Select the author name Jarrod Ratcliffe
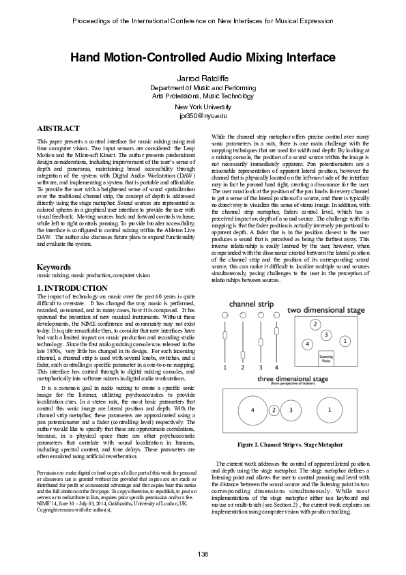click(x=203, y=80)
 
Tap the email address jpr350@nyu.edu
click(x=203, y=116)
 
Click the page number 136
click(x=203, y=553)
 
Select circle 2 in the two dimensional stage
click(x=315, y=324)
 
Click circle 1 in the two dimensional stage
click(x=345, y=340)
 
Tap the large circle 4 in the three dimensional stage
click(x=252, y=410)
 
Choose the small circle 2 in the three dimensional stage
click(x=274, y=410)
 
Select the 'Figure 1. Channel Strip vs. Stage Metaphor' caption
click(x=289, y=445)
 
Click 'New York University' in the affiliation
click(x=203, y=107)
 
